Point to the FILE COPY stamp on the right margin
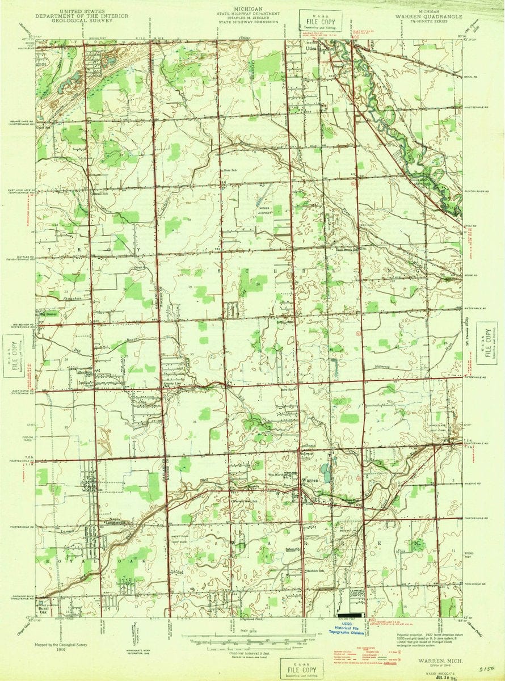(x=486, y=342)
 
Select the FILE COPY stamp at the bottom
(x=302, y=666)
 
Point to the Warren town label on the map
(x=312, y=480)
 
